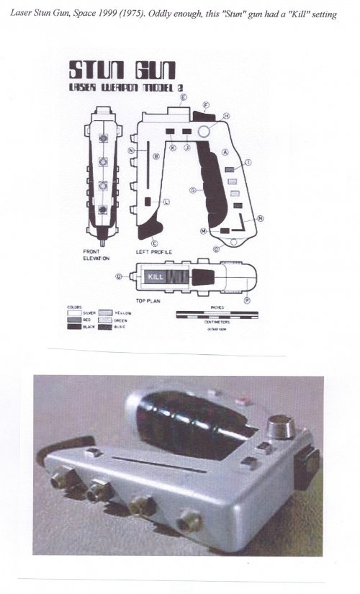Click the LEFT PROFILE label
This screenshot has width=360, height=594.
pyautogui.click(x=153, y=253)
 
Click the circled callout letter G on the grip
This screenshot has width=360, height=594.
pyautogui.click(x=192, y=190)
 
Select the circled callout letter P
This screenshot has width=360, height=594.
pyautogui.click(x=247, y=299)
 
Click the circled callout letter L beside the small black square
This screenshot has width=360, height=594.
pyautogui.click(x=166, y=202)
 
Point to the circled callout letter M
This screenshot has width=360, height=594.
pyautogui.click(x=204, y=231)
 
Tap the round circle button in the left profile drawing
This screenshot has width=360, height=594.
pyautogui.click(x=204, y=131)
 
